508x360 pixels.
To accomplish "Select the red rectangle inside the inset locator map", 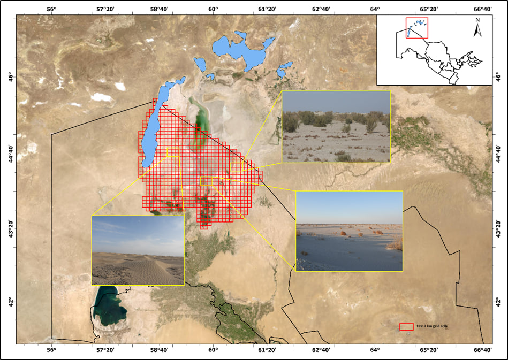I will [x=416, y=27].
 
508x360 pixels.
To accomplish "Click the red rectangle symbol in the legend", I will [x=407, y=326].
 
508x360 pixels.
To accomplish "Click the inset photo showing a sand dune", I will [x=138, y=250].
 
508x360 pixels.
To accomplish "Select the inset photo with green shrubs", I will [x=336, y=126].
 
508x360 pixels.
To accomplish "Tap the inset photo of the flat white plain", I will [x=349, y=231].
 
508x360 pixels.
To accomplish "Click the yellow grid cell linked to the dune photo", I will [x=172, y=152].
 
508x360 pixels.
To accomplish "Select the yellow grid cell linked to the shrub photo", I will [x=238, y=167].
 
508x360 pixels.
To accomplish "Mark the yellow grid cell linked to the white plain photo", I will [x=207, y=181].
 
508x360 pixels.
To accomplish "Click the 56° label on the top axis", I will [x=51, y=8].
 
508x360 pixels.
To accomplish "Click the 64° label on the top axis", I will [x=375, y=8].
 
